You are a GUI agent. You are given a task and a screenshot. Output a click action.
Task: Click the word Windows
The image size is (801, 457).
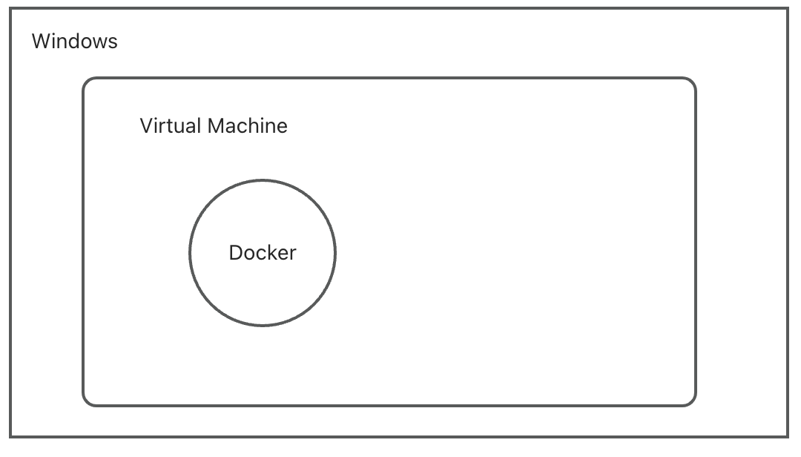(74, 41)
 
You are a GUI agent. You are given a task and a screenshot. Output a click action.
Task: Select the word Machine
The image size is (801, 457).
(247, 125)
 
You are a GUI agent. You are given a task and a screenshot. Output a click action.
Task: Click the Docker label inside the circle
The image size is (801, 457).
(263, 253)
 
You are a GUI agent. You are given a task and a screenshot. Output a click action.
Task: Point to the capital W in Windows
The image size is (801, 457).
(40, 41)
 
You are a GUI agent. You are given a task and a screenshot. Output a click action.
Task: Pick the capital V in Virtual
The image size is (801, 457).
(145, 125)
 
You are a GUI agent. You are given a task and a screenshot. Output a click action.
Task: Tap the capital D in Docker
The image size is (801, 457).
(235, 253)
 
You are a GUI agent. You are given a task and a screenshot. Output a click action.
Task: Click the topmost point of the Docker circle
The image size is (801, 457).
(263, 180)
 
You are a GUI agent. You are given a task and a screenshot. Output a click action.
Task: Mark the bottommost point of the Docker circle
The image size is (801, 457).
(263, 325)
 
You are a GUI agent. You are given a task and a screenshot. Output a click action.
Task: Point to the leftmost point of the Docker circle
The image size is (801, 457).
(190, 253)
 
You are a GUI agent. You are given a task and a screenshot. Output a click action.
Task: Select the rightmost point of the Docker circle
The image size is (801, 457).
(335, 253)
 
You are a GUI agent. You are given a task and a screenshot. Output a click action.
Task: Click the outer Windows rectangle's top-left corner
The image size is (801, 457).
(10, 9)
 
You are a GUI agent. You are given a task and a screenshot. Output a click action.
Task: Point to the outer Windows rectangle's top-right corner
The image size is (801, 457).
(788, 9)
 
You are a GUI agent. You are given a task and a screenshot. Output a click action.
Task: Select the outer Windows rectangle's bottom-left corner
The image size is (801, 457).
(10, 436)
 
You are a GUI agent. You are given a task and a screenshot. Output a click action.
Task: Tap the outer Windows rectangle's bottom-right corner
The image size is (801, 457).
(788, 436)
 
